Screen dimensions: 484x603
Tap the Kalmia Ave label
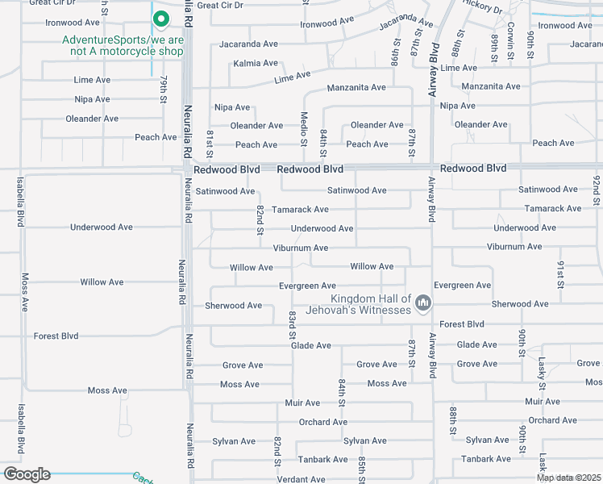(x=255, y=63)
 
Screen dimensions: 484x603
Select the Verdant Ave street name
(x=301, y=479)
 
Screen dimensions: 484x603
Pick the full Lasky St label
(x=543, y=373)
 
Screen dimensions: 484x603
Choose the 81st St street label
(x=210, y=143)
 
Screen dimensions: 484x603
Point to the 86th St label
(x=396, y=54)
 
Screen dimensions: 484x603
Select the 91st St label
(x=559, y=273)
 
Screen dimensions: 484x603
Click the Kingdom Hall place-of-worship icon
(x=423, y=303)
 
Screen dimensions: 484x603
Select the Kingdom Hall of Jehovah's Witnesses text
(x=359, y=303)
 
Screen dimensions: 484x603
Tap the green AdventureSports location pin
(x=160, y=19)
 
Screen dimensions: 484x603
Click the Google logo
(x=27, y=474)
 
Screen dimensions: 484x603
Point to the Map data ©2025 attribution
(x=568, y=478)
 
